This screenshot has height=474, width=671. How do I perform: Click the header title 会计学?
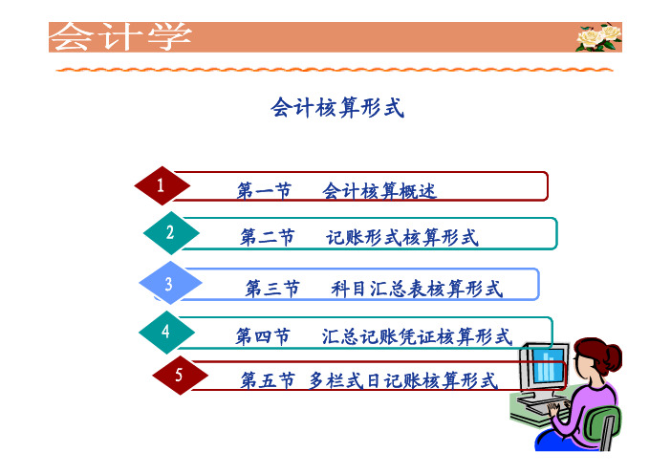pos(120,36)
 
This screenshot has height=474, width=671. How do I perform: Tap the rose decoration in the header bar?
pos(598,37)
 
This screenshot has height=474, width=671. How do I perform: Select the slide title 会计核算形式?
pos(337,107)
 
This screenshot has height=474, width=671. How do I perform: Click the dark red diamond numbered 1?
pos(162,185)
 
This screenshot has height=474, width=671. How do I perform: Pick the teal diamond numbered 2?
pos(171,233)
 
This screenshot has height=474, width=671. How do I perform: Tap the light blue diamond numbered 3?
pos(170,283)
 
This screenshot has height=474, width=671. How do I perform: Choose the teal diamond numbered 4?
pos(166,332)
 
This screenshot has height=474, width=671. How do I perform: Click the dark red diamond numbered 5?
pos(180,376)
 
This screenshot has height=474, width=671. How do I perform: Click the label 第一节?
pos(264,191)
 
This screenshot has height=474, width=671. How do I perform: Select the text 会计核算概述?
pos(379,191)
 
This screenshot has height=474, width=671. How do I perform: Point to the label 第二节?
pos(267,237)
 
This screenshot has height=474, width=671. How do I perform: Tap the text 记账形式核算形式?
pos(401,237)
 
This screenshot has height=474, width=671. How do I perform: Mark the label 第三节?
pos(272,289)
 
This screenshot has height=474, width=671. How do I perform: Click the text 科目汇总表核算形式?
pos(417,289)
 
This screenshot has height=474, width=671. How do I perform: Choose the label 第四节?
pos(263,336)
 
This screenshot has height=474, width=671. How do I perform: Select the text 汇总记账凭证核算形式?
pos(417,336)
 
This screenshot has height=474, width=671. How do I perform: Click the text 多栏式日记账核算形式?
pos(403,380)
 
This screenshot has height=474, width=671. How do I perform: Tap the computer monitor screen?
pos(548,365)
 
